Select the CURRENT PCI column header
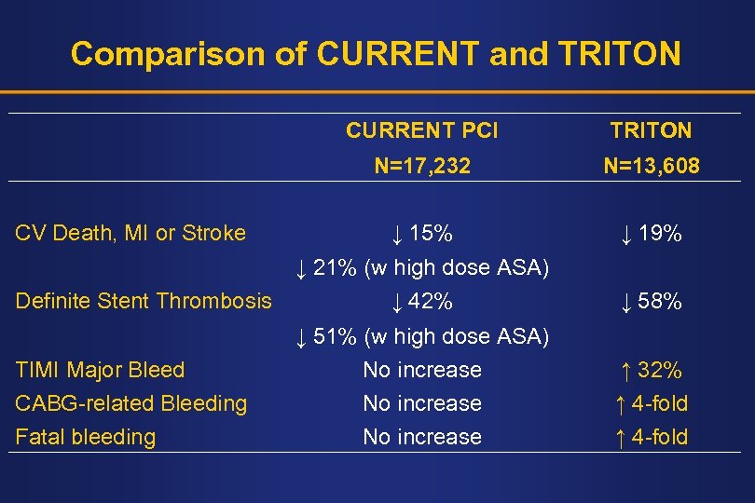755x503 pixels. click(x=421, y=131)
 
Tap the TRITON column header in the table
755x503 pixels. click(x=651, y=131)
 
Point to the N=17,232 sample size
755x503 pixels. click(x=421, y=167)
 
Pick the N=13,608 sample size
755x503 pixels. click(x=651, y=167)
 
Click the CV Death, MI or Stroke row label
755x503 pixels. click(x=130, y=233)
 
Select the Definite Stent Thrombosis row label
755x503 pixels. click(x=144, y=301)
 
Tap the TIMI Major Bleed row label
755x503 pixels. click(x=100, y=370)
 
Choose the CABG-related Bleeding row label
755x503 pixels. click(x=131, y=403)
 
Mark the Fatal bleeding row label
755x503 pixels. click(x=86, y=437)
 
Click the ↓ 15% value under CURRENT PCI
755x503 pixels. click(x=421, y=233)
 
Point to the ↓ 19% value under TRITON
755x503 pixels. click(x=651, y=233)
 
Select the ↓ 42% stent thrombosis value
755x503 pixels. click(x=421, y=301)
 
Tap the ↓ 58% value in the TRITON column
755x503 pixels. click(x=651, y=301)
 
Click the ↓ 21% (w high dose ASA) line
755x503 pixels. click(x=421, y=268)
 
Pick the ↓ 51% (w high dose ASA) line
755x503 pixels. click(x=421, y=336)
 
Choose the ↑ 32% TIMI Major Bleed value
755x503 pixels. click(x=651, y=370)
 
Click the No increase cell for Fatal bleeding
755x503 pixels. click(x=421, y=437)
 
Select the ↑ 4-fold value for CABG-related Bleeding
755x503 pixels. click(x=651, y=403)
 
